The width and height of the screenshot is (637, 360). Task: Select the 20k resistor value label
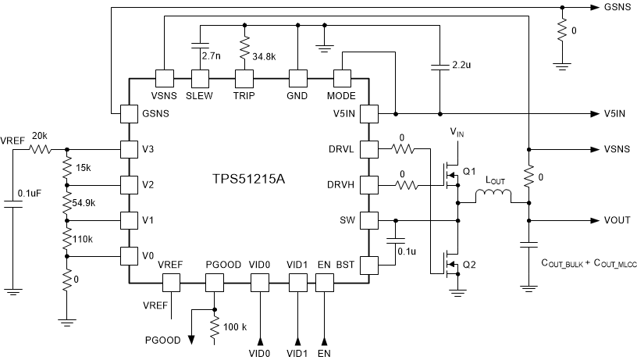[x=39, y=135]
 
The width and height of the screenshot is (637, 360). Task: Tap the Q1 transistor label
[x=469, y=171]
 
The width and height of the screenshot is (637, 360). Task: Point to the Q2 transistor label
[x=469, y=265]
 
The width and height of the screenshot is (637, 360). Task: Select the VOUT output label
[x=617, y=221]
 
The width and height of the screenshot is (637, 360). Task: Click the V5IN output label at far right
[x=615, y=113]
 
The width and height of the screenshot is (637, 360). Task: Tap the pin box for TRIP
[x=246, y=78]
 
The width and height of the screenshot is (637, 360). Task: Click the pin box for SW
[x=368, y=220]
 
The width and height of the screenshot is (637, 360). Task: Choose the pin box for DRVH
[x=368, y=184]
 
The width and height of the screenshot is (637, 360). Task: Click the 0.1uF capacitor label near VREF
[x=35, y=193]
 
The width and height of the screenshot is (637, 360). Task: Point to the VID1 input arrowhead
[x=297, y=340]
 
